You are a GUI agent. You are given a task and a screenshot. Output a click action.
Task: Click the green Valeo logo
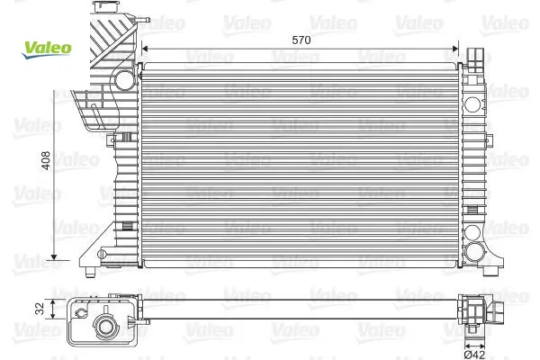click(x=47, y=49)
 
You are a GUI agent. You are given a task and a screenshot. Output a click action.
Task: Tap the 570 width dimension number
click(x=301, y=40)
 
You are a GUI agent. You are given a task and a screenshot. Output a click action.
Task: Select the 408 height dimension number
click(x=46, y=160)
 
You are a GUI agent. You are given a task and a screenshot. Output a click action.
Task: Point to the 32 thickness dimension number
click(x=40, y=309)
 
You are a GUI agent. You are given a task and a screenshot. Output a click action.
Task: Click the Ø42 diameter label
click(x=474, y=354)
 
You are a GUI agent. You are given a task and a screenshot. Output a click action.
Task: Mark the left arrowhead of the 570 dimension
click(x=145, y=49)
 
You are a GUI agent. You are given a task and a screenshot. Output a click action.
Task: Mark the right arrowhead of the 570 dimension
click(x=455, y=49)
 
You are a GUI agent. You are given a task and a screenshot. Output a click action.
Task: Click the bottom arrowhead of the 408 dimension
click(x=54, y=257)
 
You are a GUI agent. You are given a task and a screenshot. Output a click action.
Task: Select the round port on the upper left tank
click(x=124, y=80)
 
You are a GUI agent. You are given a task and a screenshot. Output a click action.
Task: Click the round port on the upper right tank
click(x=472, y=104)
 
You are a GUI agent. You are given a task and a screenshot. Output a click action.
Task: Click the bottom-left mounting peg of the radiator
click(x=90, y=272)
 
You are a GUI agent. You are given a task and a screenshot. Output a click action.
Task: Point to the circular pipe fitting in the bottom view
click(x=104, y=326)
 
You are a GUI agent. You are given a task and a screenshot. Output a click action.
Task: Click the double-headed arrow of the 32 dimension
click(x=53, y=309)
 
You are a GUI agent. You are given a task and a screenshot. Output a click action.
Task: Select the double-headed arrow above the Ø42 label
click(x=474, y=346)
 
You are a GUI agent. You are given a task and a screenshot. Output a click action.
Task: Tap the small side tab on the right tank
click(x=489, y=139)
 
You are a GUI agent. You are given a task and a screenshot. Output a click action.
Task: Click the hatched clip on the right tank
click(x=472, y=210)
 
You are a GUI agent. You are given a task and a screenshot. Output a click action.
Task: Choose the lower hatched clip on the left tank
click(x=128, y=226)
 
